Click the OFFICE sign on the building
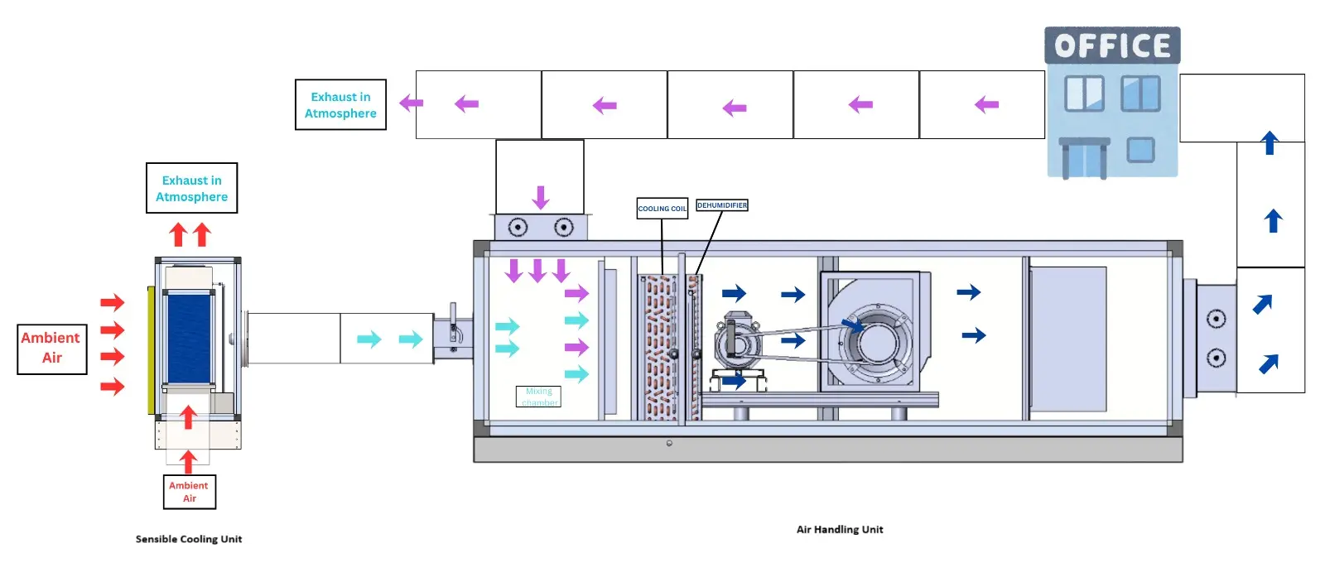pyautogui.click(x=1112, y=46)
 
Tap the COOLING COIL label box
pyautogui.click(x=662, y=209)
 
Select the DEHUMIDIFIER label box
pyautogui.click(x=721, y=205)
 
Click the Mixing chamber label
pyautogui.click(x=538, y=397)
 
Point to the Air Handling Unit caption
pyautogui.click(x=839, y=530)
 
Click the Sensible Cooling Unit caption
pyautogui.click(x=189, y=539)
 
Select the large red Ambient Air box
pyautogui.click(x=51, y=349)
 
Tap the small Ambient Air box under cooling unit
pyautogui.click(x=189, y=492)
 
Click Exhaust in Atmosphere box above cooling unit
pyautogui.click(x=191, y=189)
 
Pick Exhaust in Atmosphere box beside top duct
pyautogui.click(x=340, y=105)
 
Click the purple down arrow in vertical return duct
pyautogui.click(x=541, y=198)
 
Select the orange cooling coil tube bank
pyautogui.click(x=660, y=348)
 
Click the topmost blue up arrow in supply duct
pyautogui.click(x=1270, y=143)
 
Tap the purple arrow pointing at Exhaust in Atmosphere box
pyautogui.click(x=411, y=103)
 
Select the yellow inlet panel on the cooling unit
pyautogui.click(x=151, y=349)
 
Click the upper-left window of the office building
pyautogui.click(x=1084, y=94)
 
